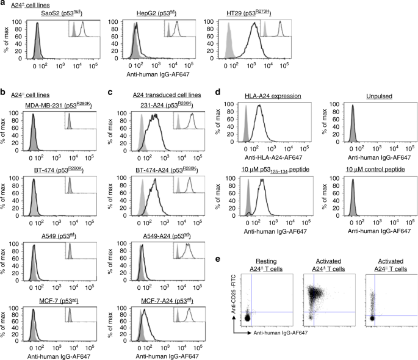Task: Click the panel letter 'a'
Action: point(3,4)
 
